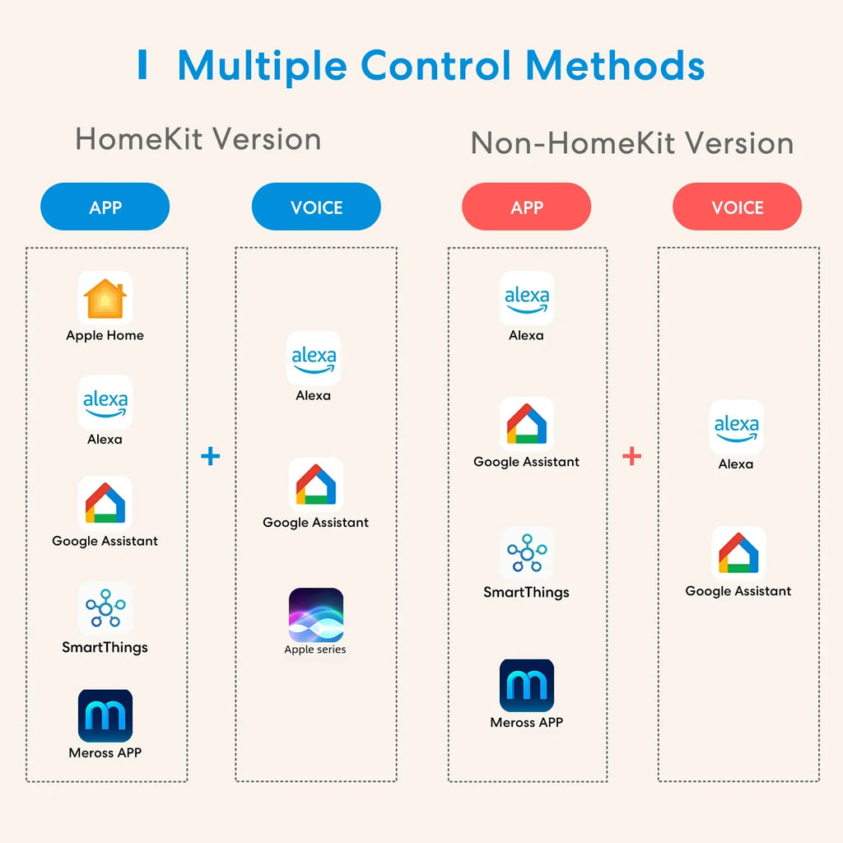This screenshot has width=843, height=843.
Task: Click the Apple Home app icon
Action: point(105,298)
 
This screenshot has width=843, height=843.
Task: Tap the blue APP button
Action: point(105,207)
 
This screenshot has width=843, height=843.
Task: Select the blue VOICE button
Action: point(316,207)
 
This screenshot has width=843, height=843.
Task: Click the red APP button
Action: point(527,207)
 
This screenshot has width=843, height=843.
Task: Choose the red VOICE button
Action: point(738,207)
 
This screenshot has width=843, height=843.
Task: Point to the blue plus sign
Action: point(211,455)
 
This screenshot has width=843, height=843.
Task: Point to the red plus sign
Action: point(631,455)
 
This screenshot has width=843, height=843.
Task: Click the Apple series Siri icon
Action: point(316,615)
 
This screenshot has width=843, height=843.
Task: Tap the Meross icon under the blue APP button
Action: point(105,715)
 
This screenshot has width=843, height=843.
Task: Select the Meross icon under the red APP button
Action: point(527,685)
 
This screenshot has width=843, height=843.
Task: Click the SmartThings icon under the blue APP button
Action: point(105,608)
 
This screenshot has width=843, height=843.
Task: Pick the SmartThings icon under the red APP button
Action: point(527,553)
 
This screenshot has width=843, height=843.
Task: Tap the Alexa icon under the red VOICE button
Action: point(737,426)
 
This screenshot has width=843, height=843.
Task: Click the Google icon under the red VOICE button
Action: point(738,553)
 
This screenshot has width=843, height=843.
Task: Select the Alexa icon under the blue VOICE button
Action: point(314,358)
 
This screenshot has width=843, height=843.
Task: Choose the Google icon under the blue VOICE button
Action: point(316,485)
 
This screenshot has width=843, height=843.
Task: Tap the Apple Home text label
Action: point(105,336)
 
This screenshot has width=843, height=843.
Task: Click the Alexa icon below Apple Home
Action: point(105,402)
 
